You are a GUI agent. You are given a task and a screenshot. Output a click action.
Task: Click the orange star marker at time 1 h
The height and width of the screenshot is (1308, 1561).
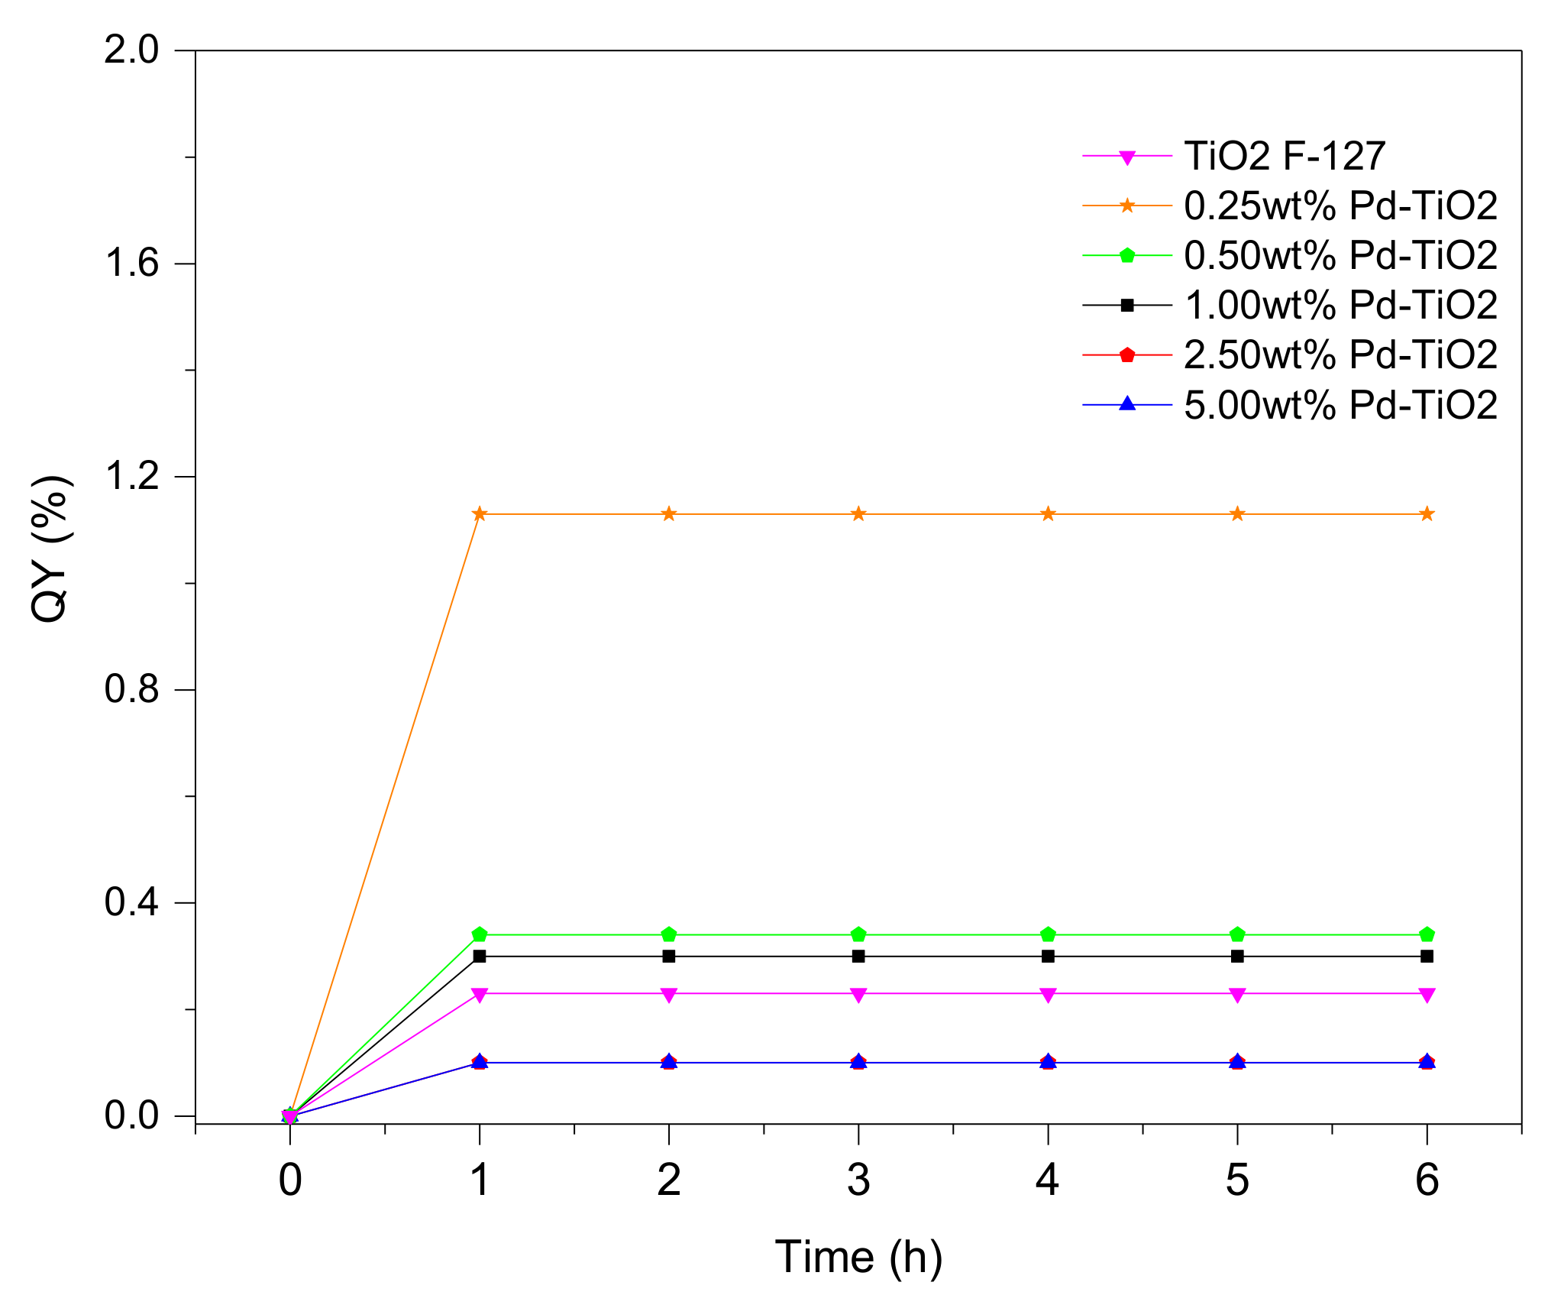click(480, 514)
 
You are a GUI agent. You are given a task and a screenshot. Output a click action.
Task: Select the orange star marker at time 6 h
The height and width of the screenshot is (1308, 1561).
click(1427, 514)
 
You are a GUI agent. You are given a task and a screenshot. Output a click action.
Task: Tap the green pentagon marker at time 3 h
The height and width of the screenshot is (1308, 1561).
click(858, 934)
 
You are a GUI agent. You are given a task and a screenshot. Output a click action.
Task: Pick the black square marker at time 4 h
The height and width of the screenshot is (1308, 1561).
click(1048, 956)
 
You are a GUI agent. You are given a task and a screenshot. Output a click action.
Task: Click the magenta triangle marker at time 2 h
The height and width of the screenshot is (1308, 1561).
click(669, 994)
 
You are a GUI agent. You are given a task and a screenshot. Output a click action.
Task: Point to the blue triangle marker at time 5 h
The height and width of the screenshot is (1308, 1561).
click(1237, 1061)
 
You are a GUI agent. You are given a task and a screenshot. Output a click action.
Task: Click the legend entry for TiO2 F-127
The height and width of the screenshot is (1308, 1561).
click(1284, 156)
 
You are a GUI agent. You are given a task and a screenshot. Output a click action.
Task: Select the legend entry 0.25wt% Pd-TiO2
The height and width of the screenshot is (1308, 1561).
click(1340, 206)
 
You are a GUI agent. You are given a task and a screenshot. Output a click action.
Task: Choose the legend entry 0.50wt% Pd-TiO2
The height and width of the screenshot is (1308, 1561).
click(1340, 255)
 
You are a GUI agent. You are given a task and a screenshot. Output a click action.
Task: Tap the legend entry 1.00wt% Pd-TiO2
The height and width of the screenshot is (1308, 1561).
click(1340, 305)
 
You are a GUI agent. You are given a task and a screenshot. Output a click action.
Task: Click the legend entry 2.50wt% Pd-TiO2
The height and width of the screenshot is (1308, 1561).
click(1340, 355)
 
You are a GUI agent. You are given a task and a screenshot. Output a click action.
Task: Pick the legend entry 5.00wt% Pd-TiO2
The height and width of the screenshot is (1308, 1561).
click(1340, 405)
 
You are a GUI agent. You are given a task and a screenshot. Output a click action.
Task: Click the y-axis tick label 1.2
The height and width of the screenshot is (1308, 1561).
click(131, 476)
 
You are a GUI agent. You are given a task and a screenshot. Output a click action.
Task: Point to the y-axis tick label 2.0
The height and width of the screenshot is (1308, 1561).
click(131, 50)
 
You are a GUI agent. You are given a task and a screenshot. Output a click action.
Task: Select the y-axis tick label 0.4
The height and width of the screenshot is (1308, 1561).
click(131, 902)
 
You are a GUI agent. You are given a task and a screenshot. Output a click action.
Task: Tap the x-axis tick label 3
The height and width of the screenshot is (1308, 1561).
click(858, 1180)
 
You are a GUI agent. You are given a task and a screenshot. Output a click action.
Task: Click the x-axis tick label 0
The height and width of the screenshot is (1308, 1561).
click(290, 1180)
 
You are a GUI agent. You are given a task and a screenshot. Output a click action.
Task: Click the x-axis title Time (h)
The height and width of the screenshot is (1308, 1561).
click(858, 1257)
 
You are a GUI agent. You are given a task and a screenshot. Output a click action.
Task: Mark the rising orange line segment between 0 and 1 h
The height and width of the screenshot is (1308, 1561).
click(385, 814)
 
